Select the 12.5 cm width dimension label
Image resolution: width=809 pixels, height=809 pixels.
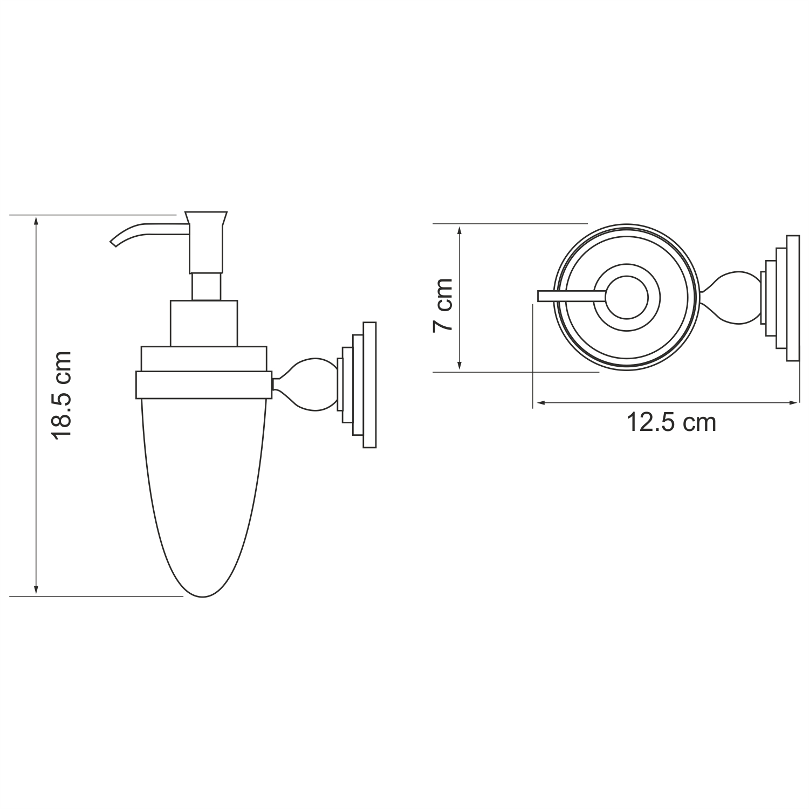tap(671, 422)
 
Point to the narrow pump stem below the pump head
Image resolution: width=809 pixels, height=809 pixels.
tap(206, 286)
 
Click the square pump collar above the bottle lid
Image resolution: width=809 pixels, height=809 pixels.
tap(204, 323)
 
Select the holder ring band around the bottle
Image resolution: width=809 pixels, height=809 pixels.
tap(204, 384)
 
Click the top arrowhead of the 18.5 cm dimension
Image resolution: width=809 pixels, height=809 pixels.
tap(36, 220)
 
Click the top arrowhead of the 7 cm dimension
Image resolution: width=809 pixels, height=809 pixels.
tap(459, 228)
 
